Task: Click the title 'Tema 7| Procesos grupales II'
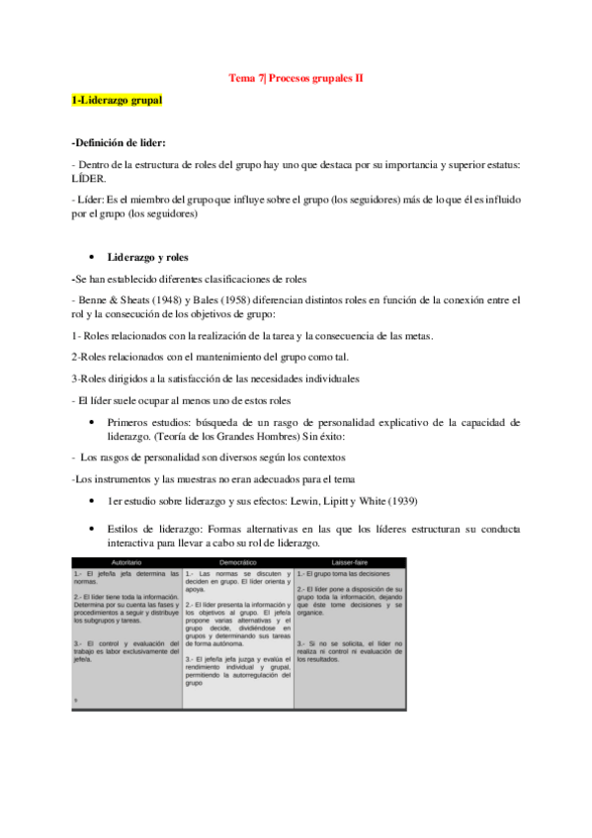point(296,77)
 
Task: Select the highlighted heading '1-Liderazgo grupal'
point(118,101)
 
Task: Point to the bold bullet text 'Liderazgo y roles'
point(155,257)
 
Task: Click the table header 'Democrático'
point(237,562)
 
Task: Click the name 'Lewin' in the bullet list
point(287,501)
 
